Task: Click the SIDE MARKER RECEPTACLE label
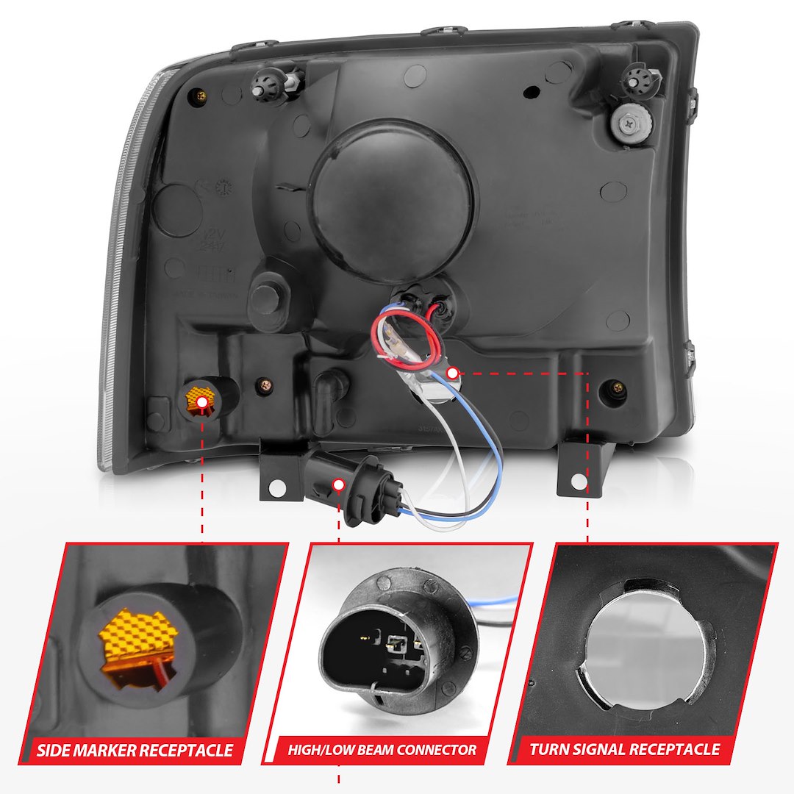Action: click(x=135, y=750)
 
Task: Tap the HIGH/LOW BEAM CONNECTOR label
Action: click(x=382, y=750)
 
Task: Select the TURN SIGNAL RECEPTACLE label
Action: click(x=625, y=750)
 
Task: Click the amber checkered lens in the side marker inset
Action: click(x=136, y=640)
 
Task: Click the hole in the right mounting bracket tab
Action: click(x=579, y=482)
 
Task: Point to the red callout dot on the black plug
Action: click(x=340, y=484)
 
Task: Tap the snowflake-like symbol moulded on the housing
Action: click(x=223, y=187)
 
